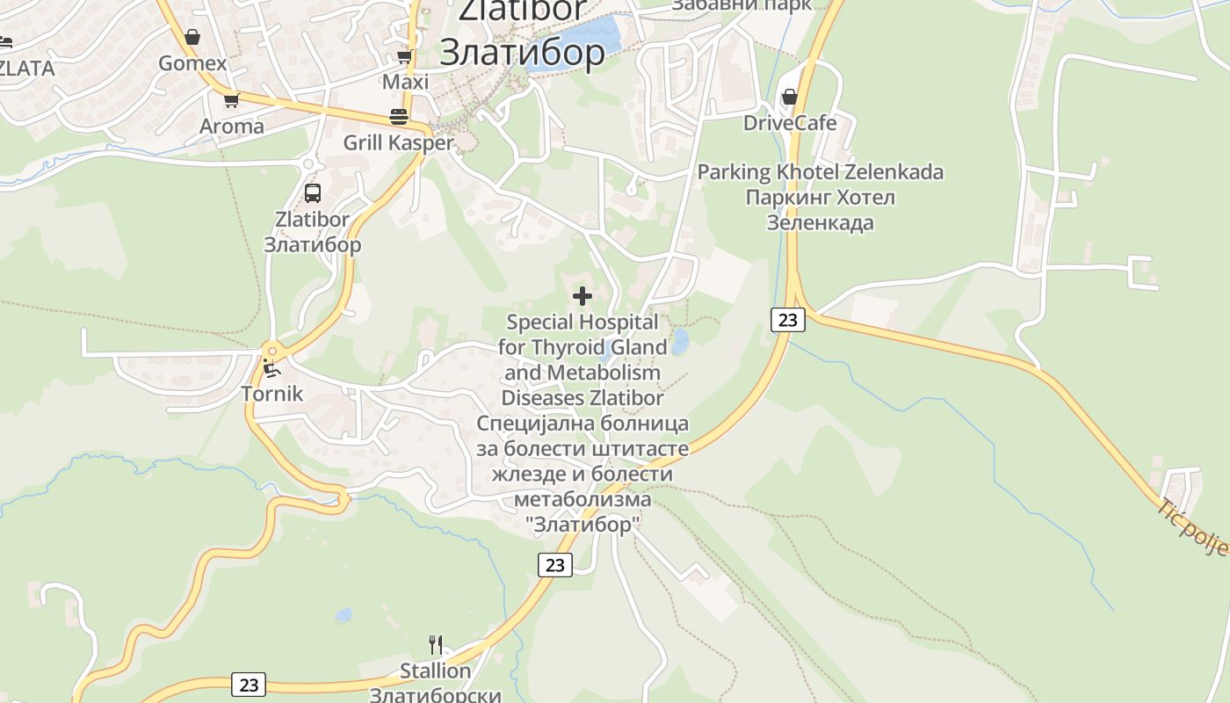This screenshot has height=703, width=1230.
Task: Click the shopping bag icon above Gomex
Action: (x=192, y=38)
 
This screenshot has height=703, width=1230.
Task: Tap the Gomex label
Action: (x=192, y=63)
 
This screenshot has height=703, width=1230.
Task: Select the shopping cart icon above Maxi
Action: (x=404, y=57)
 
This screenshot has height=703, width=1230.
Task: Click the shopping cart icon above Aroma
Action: (x=231, y=101)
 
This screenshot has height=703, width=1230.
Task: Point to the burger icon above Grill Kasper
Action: (x=398, y=117)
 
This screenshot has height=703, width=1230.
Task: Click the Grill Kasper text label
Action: (x=398, y=142)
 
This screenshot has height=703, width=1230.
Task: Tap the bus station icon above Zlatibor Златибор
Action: (x=312, y=193)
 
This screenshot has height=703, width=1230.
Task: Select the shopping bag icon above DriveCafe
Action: (x=790, y=97)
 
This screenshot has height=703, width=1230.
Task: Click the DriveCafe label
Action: (x=790, y=123)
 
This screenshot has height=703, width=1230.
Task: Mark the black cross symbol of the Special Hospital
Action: (x=582, y=296)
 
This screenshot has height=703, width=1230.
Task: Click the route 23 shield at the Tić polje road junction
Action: (x=787, y=320)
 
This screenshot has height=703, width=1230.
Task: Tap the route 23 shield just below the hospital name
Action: (x=554, y=565)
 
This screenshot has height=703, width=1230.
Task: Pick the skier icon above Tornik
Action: (x=271, y=368)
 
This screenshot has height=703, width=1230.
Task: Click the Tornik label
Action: (x=272, y=394)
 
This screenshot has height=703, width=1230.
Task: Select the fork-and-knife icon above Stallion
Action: (x=435, y=645)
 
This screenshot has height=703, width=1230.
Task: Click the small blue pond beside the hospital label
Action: (x=679, y=342)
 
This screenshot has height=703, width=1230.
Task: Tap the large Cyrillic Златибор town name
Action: (x=522, y=53)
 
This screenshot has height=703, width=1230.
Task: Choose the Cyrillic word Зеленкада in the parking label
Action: (x=820, y=222)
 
